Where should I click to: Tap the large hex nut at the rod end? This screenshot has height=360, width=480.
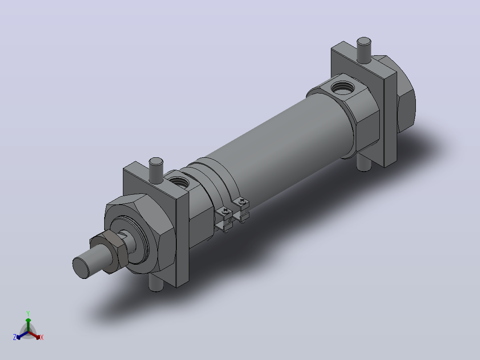tap(139, 233)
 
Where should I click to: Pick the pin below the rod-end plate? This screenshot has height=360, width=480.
tap(156, 283)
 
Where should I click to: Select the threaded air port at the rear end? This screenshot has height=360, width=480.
tap(343, 88)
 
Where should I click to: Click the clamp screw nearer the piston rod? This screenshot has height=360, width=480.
tap(226, 210)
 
